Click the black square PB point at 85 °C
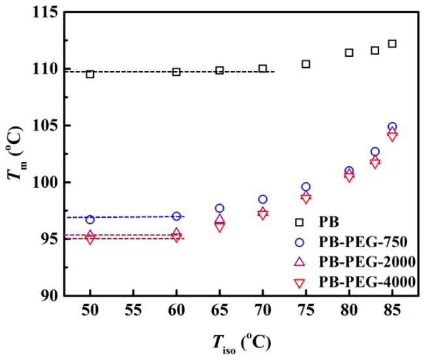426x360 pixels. (x=392, y=44)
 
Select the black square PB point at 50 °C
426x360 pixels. (x=90, y=74)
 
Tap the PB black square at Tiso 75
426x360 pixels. (x=306, y=64)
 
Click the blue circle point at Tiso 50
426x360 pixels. (x=90, y=219)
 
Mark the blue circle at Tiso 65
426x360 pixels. (x=220, y=208)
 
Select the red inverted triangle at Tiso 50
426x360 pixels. (x=90, y=239)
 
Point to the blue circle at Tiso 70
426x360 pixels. (x=263, y=200)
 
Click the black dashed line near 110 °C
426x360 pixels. (x=176, y=72)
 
